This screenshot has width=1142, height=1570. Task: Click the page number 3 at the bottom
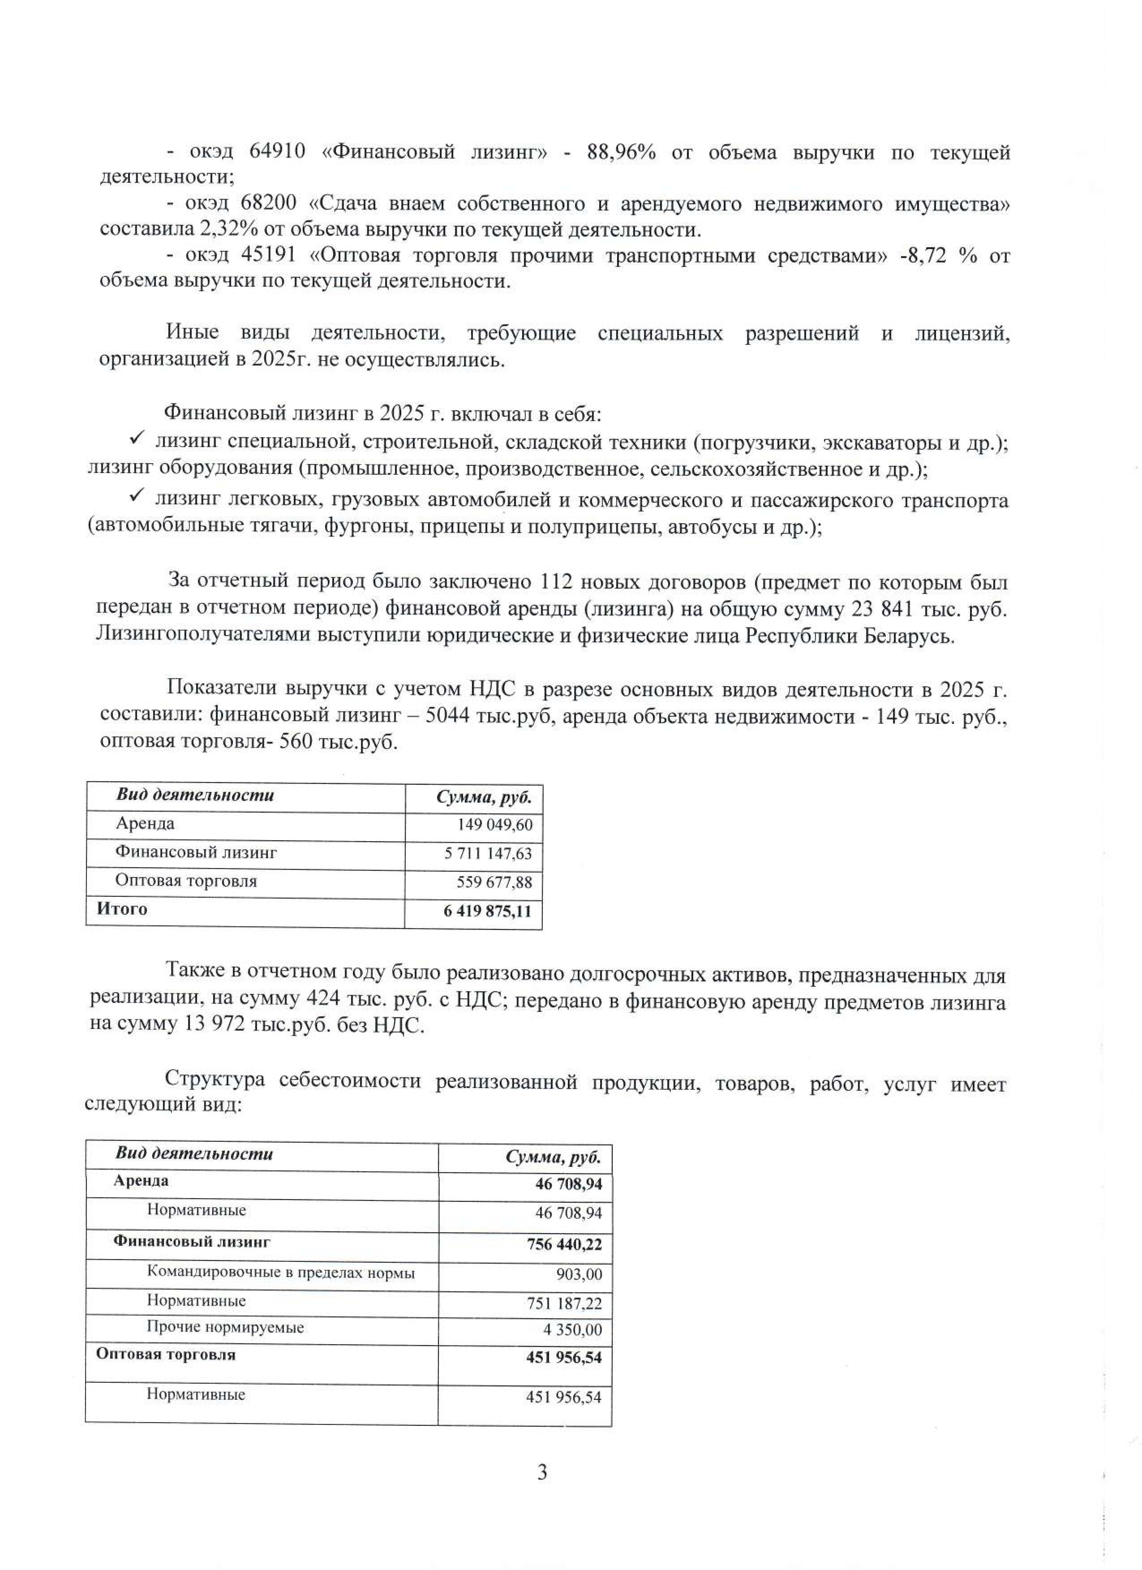click(542, 1472)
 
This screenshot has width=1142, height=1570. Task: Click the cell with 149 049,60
click(494, 825)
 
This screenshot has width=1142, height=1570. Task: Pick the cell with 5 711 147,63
click(488, 853)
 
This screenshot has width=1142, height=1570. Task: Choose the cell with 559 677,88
click(494, 882)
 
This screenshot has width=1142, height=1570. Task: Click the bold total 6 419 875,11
click(487, 911)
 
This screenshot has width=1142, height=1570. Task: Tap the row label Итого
click(122, 908)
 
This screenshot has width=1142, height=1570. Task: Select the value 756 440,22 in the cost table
click(564, 1244)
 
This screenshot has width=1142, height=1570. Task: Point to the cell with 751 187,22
click(564, 1303)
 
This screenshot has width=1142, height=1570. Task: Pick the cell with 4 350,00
click(572, 1330)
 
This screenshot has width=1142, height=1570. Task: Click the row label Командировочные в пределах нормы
click(280, 1272)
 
